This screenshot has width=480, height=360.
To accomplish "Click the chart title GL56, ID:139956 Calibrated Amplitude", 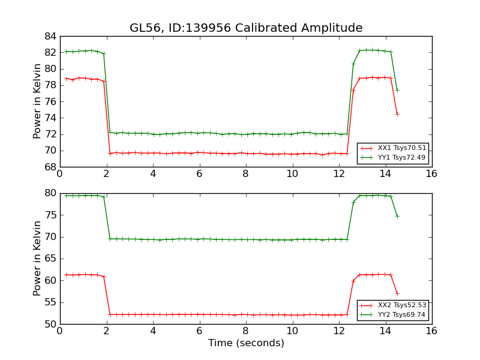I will pos(246,28).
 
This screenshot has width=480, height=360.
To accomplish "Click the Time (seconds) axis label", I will pos(246,343).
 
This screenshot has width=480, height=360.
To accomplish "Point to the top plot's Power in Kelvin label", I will pos(37,101).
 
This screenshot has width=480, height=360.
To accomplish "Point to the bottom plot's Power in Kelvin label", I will pos(37,258).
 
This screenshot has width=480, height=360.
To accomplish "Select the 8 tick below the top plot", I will pos(245,175).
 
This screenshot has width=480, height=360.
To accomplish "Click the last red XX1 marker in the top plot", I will pos(397,114).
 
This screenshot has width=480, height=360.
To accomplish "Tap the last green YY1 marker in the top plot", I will pos(397,90).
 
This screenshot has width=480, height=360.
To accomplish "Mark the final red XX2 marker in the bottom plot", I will pos(397,293).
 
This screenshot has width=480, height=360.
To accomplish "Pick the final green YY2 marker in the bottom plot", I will pos(397,216).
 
